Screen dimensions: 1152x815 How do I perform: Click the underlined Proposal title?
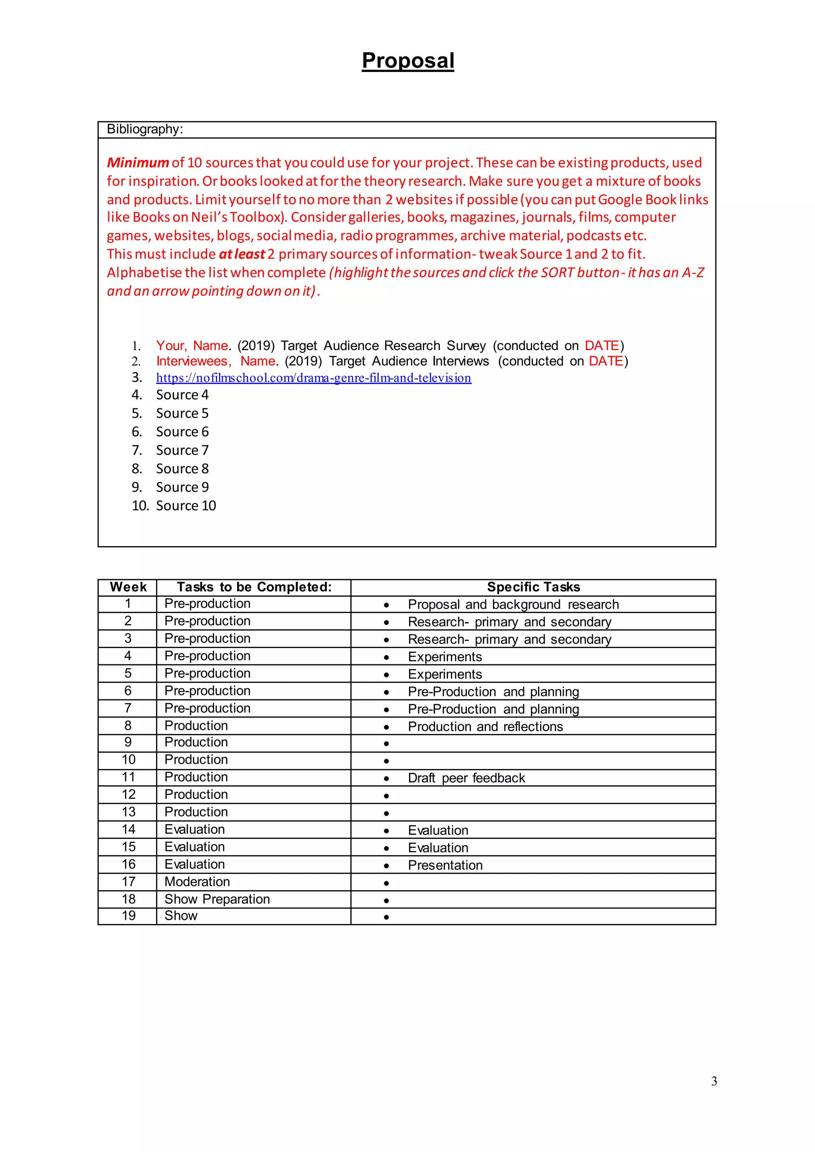coord(407,61)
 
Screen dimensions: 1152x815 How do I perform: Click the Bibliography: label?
coord(144,129)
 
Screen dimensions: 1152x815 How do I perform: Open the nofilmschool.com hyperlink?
coord(313,378)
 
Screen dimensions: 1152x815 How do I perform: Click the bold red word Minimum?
coord(138,163)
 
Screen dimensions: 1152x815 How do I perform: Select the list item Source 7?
coord(182,450)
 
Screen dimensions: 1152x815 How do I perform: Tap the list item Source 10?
coord(186,505)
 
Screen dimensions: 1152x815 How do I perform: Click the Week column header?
coord(128,587)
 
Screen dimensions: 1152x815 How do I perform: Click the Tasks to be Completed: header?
coord(254,587)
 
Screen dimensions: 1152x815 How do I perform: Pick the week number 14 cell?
coord(129,829)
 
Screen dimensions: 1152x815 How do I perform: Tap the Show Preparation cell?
coord(217,899)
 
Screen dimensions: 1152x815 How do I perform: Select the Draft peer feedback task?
coord(466,778)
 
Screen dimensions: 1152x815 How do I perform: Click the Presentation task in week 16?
coord(445,865)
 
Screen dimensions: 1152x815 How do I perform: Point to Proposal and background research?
coord(513,604)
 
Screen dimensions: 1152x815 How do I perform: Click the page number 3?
coord(714,1081)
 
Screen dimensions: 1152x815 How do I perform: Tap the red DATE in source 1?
coord(602,346)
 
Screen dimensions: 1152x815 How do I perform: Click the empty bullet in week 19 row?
coord(386,917)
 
